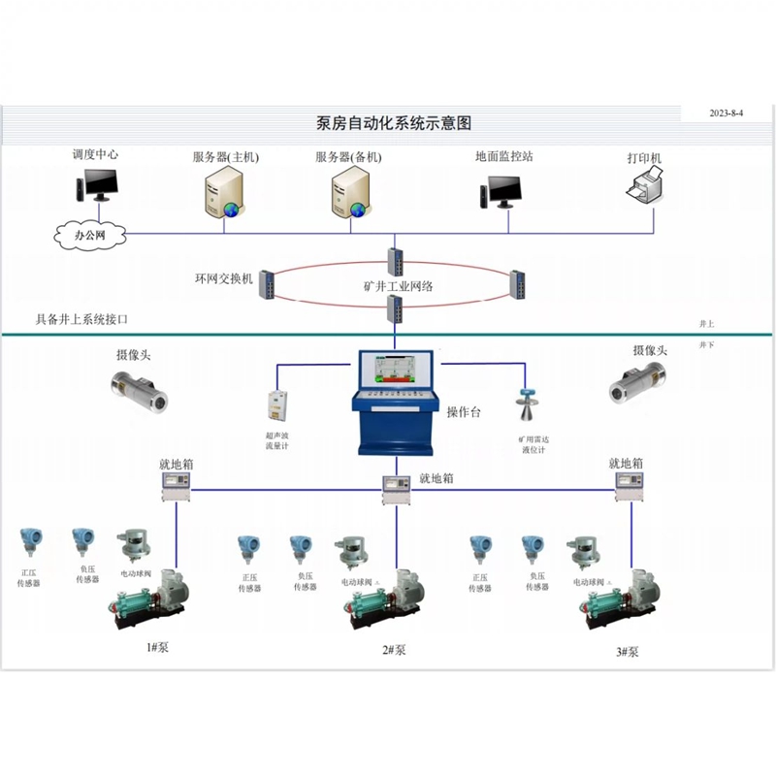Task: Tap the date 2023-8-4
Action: click(726, 113)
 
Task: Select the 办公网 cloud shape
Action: click(89, 235)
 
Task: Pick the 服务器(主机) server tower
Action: click(222, 190)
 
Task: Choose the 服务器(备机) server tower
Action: click(350, 190)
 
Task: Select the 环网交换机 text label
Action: click(223, 278)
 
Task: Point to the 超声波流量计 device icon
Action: click(279, 407)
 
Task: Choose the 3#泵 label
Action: click(627, 652)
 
